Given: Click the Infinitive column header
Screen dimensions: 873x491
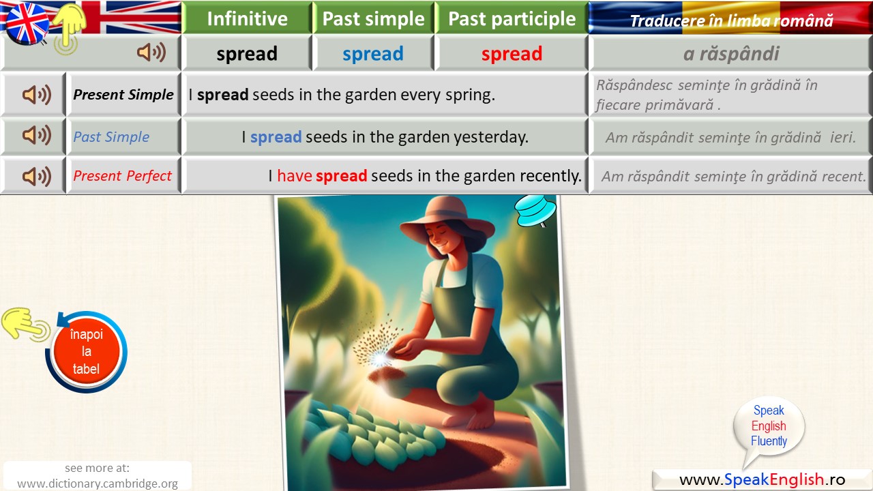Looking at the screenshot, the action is pos(247,18).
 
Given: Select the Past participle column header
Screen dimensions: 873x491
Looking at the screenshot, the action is pos(512,18).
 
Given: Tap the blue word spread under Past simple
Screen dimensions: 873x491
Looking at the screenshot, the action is pos(373,54).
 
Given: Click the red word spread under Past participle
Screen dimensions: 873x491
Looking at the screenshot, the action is pos(512,54).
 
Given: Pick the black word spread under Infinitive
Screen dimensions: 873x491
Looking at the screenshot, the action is pos(247,54).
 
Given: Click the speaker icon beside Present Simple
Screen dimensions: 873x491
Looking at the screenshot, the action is pos(37,95).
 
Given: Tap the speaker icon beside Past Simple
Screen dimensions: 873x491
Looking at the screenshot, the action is pos(37,135).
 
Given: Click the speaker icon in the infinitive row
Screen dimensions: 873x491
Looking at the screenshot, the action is pos(151,53).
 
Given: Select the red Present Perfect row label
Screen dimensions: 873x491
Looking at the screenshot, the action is pos(122,176).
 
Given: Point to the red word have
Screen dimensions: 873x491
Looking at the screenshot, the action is pos(295,176).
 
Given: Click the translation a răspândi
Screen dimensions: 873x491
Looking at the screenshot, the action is pos(731,53).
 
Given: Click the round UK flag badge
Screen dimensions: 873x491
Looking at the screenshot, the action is pos(26,23).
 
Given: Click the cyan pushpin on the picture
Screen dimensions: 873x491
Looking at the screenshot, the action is pos(535,211).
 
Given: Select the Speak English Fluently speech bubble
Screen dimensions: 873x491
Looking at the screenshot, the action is pos(769,430).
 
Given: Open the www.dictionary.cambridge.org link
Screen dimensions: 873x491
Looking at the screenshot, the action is pos(98,483).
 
